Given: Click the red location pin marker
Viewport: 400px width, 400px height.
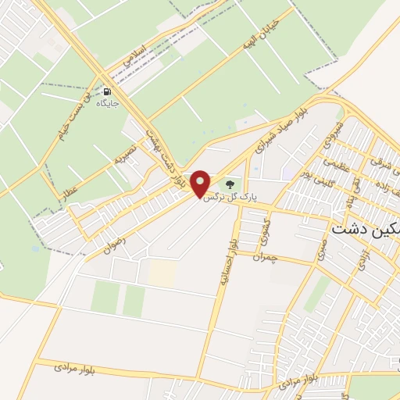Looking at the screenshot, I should (201, 183).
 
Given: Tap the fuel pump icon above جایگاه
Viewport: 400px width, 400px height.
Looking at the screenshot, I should (103, 91).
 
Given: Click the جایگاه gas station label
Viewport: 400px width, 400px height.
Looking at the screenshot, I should (104, 102).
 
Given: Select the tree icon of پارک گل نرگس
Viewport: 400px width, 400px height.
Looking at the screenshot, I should (230, 184).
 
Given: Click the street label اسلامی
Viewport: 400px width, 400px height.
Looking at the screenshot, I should (133, 54).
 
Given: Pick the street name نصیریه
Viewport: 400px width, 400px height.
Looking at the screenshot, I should (126, 150).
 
